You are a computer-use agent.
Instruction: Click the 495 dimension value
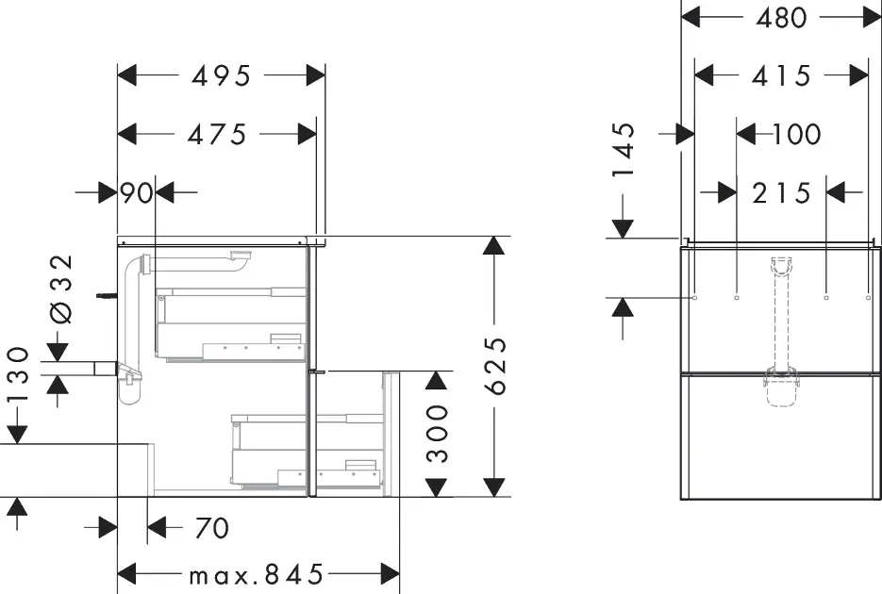click(222, 76)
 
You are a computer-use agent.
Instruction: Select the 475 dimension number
click(216, 135)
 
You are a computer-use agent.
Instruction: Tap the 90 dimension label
click(137, 193)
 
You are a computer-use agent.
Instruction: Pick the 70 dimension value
click(211, 528)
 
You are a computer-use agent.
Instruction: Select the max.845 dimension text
click(257, 574)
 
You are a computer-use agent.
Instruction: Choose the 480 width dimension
click(781, 17)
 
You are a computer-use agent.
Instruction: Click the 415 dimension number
click(781, 75)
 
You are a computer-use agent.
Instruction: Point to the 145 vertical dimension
click(624, 150)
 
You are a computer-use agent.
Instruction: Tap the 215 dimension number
click(781, 193)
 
